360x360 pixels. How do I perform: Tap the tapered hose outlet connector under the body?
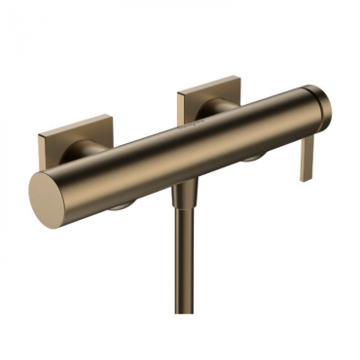[181, 194]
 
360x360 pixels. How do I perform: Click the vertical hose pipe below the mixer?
[182, 263]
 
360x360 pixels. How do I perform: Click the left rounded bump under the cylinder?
[123, 204]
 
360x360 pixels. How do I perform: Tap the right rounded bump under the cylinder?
[250, 156]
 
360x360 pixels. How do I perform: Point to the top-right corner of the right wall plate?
[236, 78]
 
